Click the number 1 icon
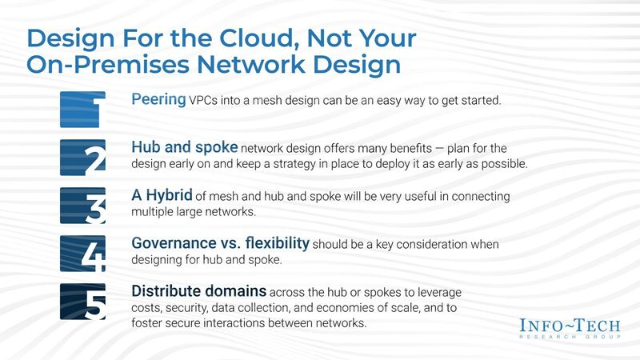pyautogui.click(x=82, y=109)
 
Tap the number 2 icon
pyautogui.click(x=82, y=157)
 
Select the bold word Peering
pyautogui.click(x=159, y=99)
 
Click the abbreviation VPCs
pyautogui.click(x=206, y=100)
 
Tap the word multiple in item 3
pyautogui.click(x=152, y=212)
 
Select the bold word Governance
pyautogui.click(x=170, y=244)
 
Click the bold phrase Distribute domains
pyautogui.click(x=199, y=292)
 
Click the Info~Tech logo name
pyautogui.click(x=567, y=326)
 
